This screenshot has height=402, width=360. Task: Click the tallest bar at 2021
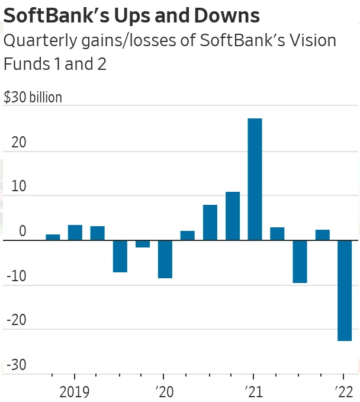255,179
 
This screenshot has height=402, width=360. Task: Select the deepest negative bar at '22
344,290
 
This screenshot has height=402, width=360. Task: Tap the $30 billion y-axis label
33,97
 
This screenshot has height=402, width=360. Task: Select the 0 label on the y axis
22,231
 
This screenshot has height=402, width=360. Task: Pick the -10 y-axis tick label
16,276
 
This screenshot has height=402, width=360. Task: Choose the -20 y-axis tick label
16,320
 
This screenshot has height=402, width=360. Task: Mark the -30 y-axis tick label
16,365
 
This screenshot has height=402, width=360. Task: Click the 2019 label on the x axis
75,391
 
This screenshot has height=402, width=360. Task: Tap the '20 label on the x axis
164,391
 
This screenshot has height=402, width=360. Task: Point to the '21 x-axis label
254,391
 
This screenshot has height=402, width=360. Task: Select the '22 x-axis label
343,391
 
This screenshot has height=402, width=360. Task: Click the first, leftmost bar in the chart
53,237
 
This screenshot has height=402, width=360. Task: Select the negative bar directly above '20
165,259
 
